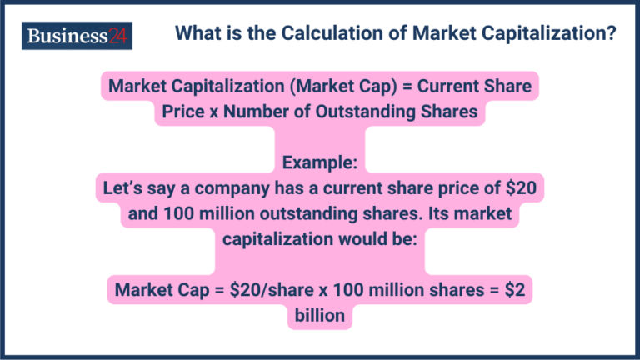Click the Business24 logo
[x=77, y=36]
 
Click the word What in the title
[x=199, y=35]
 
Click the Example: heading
[x=319, y=162]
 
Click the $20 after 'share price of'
[x=520, y=187]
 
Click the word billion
[x=319, y=316]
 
